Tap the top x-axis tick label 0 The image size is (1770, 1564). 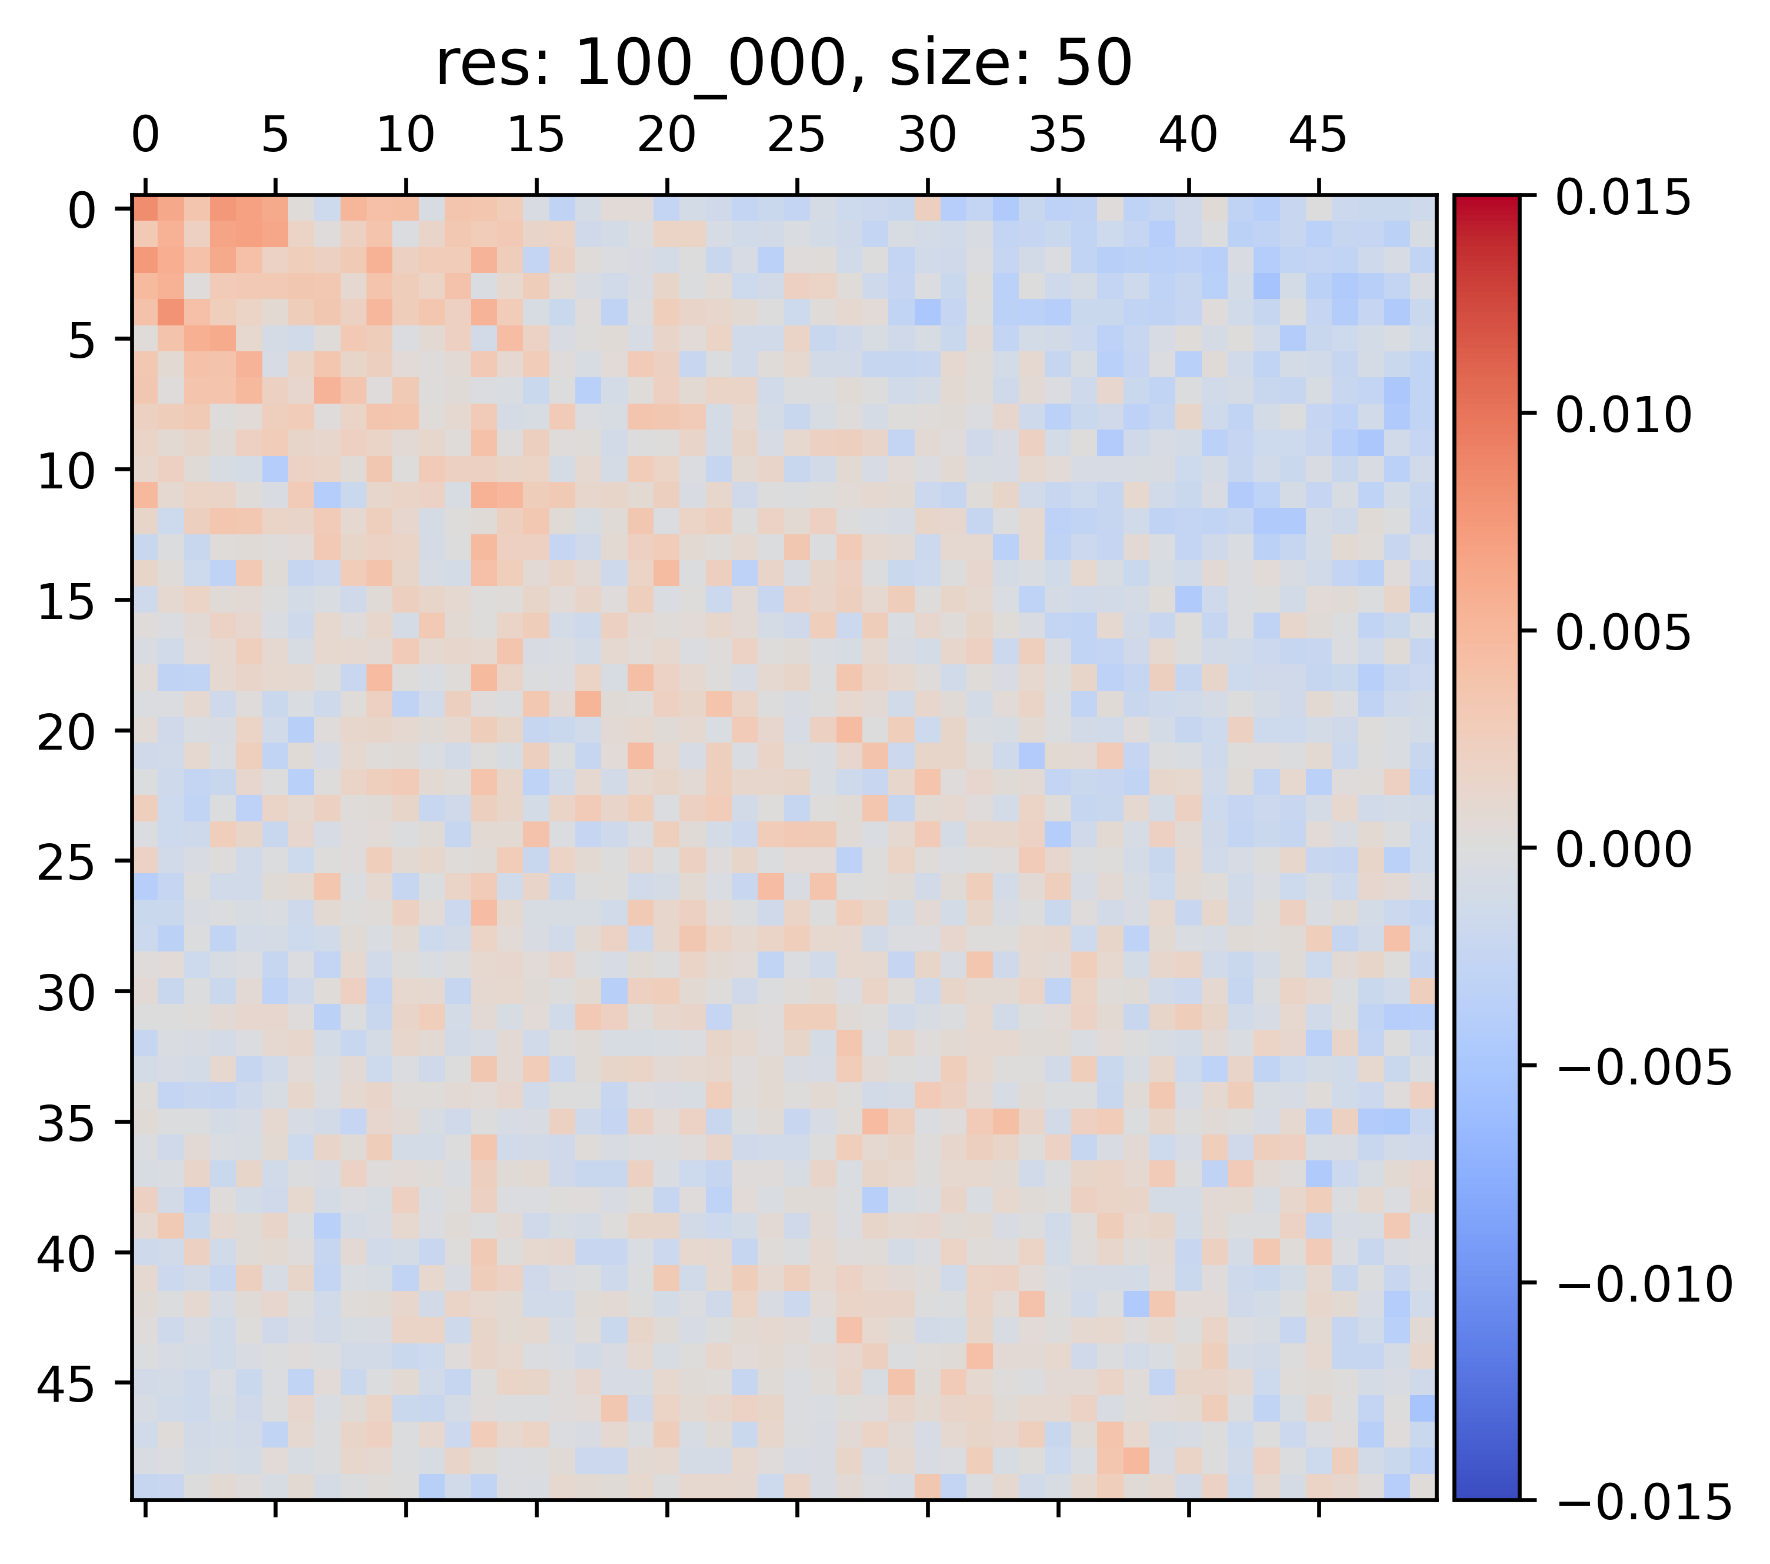pos(145,136)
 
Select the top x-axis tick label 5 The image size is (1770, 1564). pos(275,136)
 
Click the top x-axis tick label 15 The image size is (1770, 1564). pos(536,136)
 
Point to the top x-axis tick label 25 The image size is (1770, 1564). pos(796,136)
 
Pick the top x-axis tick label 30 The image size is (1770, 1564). pos(928,136)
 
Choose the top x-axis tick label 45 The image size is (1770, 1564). pos(1318,136)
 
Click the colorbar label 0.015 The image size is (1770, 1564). pos(1623,198)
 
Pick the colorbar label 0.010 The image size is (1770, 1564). pos(1623,415)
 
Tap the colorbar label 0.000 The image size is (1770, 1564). pos(1623,850)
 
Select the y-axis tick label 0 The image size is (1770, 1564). pos(83,211)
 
